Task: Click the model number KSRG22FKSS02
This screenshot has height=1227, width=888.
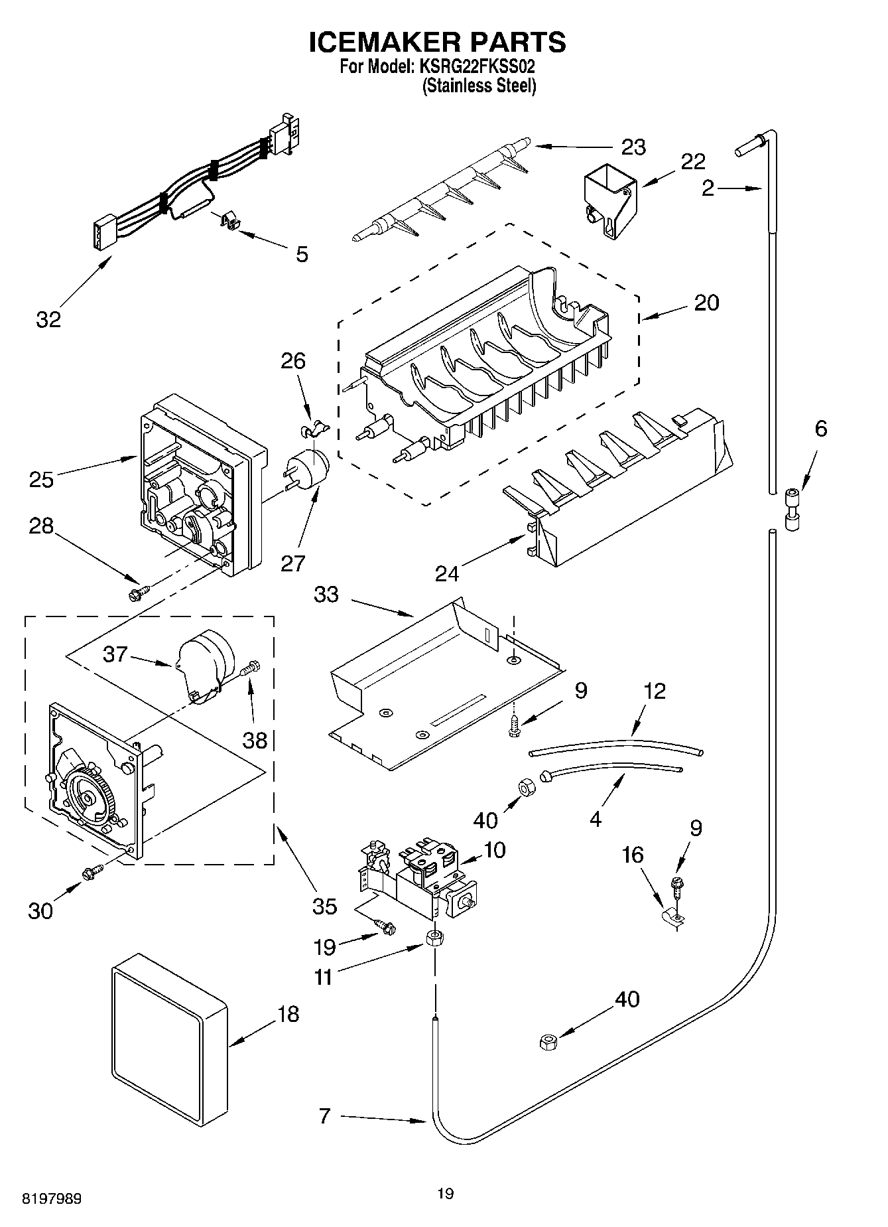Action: [476, 66]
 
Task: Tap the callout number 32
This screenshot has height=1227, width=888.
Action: [48, 319]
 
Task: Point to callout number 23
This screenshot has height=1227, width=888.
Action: [633, 147]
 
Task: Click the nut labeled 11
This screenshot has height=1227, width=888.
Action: [434, 939]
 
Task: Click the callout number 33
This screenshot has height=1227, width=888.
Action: [326, 595]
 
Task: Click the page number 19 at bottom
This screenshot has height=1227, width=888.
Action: [445, 1194]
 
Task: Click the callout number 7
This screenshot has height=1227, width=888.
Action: [324, 1116]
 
